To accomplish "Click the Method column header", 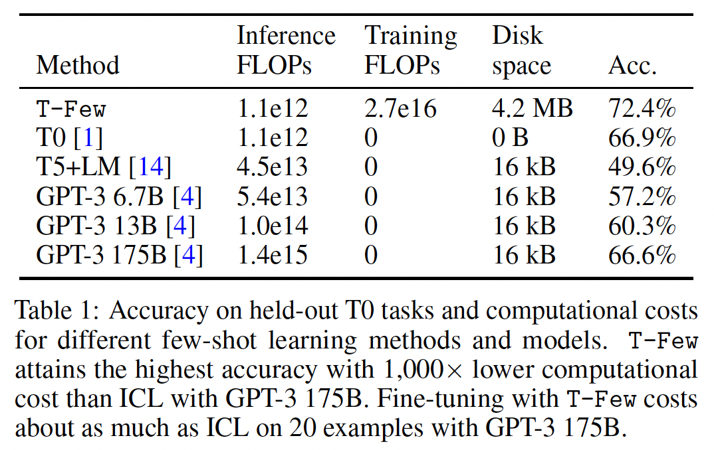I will click(78, 66).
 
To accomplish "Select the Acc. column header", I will click(632, 66).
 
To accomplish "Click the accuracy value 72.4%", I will click(642, 108).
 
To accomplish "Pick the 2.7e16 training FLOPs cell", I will click(401, 108).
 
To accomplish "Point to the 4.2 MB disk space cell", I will click(532, 108).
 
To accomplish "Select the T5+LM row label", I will click(79, 167).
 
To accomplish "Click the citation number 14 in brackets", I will click(150, 167).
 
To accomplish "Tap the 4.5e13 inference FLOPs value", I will click(273, 167).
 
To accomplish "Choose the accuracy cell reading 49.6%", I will click(642, 167).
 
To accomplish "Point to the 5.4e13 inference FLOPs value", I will click(273, 197).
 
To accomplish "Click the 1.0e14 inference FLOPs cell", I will click(273, 226).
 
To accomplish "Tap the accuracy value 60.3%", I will click(642, 226).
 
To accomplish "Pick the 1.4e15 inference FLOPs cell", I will click(273, 256).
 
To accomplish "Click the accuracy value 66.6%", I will click(642, 256).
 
